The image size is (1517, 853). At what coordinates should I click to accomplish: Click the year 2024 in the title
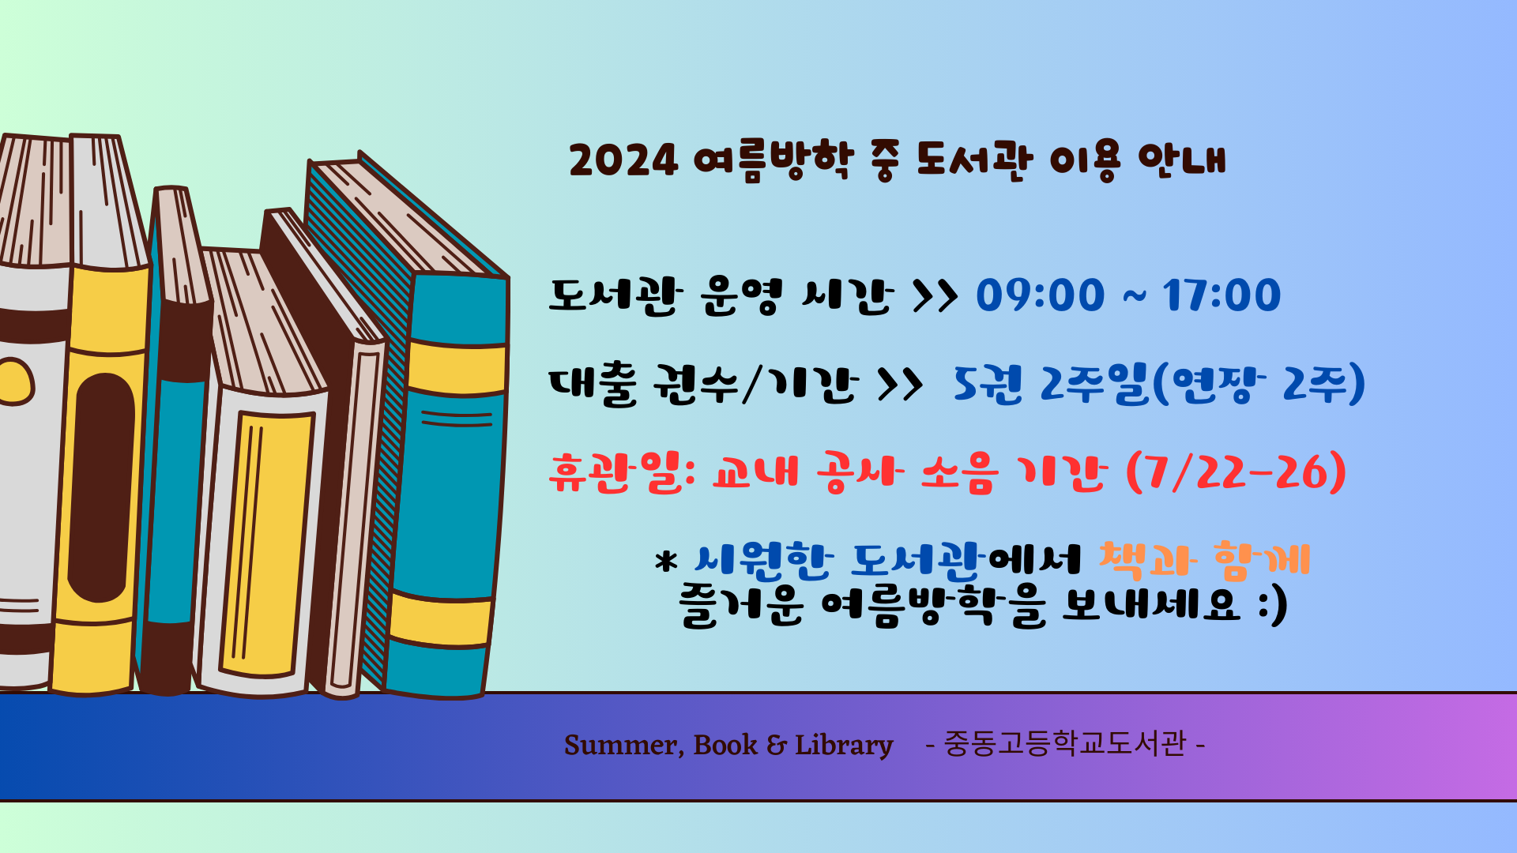[623, 160]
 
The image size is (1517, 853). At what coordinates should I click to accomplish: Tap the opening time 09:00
[1040, 295]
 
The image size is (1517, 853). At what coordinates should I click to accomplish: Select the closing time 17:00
[1222, 295]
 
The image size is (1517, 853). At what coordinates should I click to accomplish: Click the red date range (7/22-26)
[1237, 472]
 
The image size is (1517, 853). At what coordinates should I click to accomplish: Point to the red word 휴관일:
[622, 472]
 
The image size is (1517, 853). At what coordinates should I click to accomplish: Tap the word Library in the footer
[844, 746]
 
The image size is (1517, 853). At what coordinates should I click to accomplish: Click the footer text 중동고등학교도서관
[1065, 744]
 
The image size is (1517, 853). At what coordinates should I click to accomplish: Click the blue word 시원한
[763, 560]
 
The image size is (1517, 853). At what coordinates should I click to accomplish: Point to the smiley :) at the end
[1273, 607]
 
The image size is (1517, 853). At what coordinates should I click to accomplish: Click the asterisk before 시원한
[667, 561]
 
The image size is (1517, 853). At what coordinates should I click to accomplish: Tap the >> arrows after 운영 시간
[935, 296]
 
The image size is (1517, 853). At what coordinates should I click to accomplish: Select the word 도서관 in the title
[974, 160]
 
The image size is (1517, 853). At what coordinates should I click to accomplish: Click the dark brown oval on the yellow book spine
[101, 487]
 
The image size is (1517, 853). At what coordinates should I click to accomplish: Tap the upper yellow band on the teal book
[457, 368]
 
